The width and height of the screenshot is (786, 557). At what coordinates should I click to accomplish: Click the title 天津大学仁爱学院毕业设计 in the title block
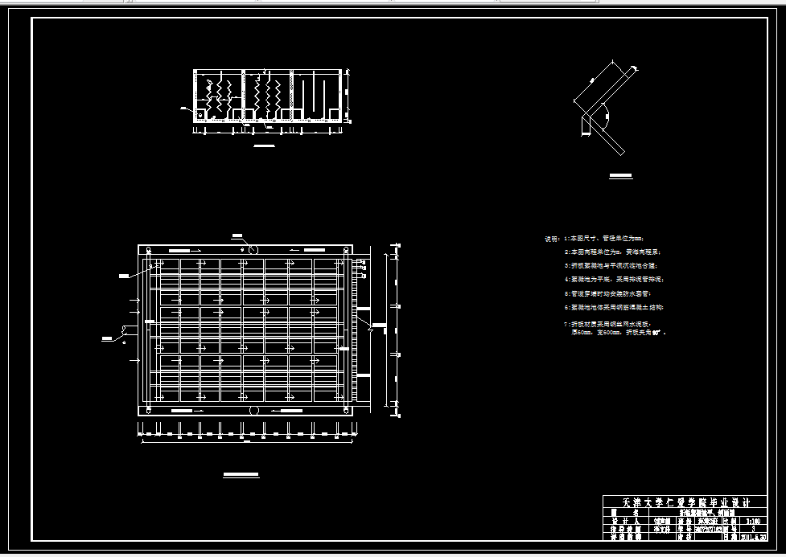[685, 502]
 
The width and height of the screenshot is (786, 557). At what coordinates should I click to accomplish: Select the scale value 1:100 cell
[751, 521]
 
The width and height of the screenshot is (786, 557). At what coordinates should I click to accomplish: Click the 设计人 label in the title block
[624, 521]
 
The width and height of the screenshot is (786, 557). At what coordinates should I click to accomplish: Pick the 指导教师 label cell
[624, 530]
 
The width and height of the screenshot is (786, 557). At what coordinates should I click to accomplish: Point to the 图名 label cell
[624, 512]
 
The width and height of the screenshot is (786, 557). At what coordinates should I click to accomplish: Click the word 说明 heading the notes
[551, 239]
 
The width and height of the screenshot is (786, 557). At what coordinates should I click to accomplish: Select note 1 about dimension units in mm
[603, 239]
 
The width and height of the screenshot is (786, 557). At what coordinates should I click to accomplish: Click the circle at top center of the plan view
[253, 249]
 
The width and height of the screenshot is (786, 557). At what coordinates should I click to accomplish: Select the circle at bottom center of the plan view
[253, 410]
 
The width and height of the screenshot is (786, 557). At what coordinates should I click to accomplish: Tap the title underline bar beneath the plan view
[241, 476]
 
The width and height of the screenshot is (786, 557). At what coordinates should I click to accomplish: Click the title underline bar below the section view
[264, 145]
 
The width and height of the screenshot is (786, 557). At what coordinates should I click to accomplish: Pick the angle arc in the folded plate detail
[605, 117]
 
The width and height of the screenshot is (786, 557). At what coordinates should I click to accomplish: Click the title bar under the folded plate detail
[620, 174]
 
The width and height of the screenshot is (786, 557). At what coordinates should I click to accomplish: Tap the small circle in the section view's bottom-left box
[200, 115]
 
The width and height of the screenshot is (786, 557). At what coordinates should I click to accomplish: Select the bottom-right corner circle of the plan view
[347, 409]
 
